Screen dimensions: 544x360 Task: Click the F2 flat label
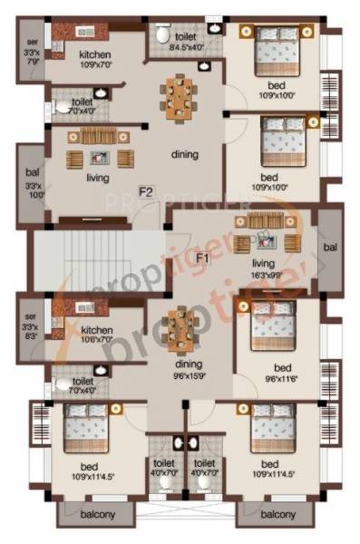pyautogui.click(x=145, y=191)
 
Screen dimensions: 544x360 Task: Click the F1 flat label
pyautogui.click(x=204, y=258)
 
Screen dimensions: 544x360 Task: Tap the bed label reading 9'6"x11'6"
pyautogui.click(x=281, y=372)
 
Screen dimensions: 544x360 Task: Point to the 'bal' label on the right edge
pyautogui.click(x=329, y=247)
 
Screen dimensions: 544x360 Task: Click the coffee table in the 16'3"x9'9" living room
pyautogui.click(x=267, y=240)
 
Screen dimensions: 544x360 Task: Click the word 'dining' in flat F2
pyautogui.click(x=185, y=155)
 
